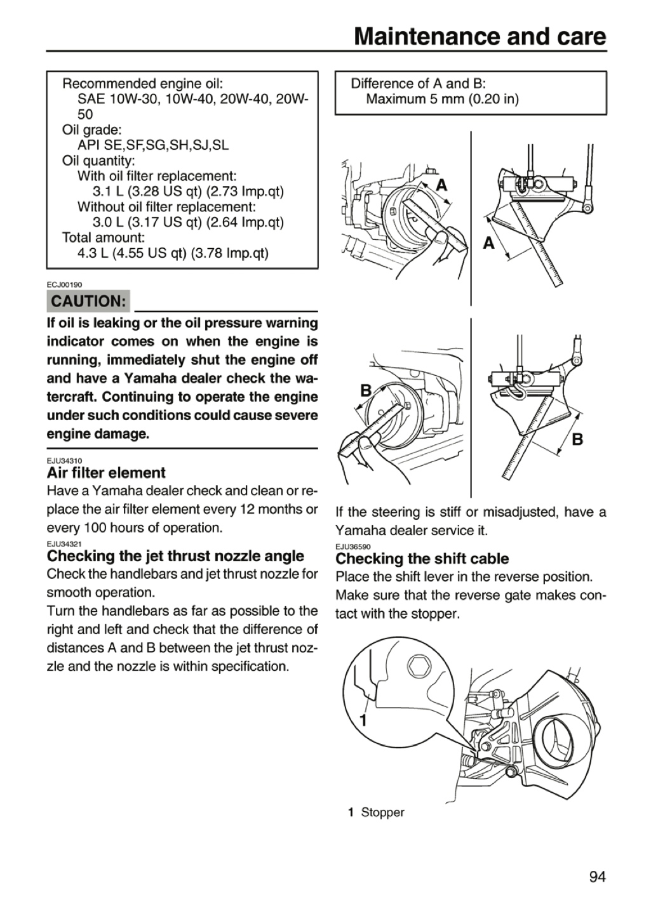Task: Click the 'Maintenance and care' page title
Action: click(480, 37)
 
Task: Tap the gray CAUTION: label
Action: click(88, 301)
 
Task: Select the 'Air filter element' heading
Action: click(106, 473)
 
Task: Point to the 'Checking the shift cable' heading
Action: click(422, 559)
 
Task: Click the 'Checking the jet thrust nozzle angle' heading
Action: click(176, 556)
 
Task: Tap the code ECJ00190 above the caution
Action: click(65, 284)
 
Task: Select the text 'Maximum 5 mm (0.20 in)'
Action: click(442, 99)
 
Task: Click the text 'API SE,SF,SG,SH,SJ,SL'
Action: click(153, 145)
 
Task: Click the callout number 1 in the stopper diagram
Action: click(363, 720)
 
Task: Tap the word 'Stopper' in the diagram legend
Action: click(383, 812)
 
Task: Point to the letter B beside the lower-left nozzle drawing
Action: click(366, 390)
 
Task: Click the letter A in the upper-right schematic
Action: click(488, 243)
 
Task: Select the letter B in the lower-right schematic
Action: click(577, 439)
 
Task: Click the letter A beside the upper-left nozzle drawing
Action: click(441, 185)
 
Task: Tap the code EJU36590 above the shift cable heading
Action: click(353, 546)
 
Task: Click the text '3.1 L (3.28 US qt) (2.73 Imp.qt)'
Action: click(188, 192)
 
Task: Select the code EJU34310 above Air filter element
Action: click(65, 461)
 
